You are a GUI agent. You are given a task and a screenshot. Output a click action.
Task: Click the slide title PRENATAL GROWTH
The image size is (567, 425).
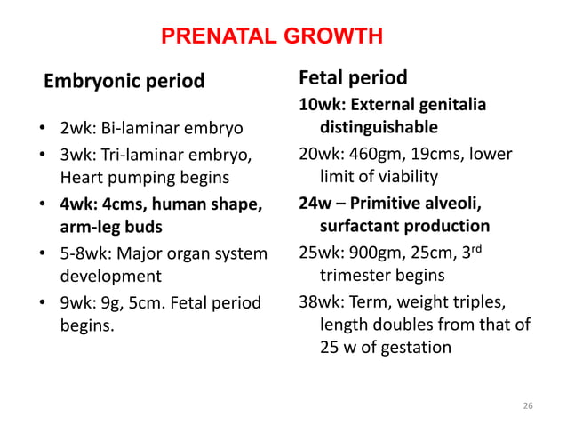click(272, 36)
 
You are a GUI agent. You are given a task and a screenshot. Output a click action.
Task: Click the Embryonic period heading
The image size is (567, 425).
click(124, 83)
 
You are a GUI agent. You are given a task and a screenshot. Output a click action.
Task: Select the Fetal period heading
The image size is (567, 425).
click(352, 78)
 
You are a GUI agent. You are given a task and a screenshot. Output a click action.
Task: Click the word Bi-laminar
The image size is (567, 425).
click(134, 130)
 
